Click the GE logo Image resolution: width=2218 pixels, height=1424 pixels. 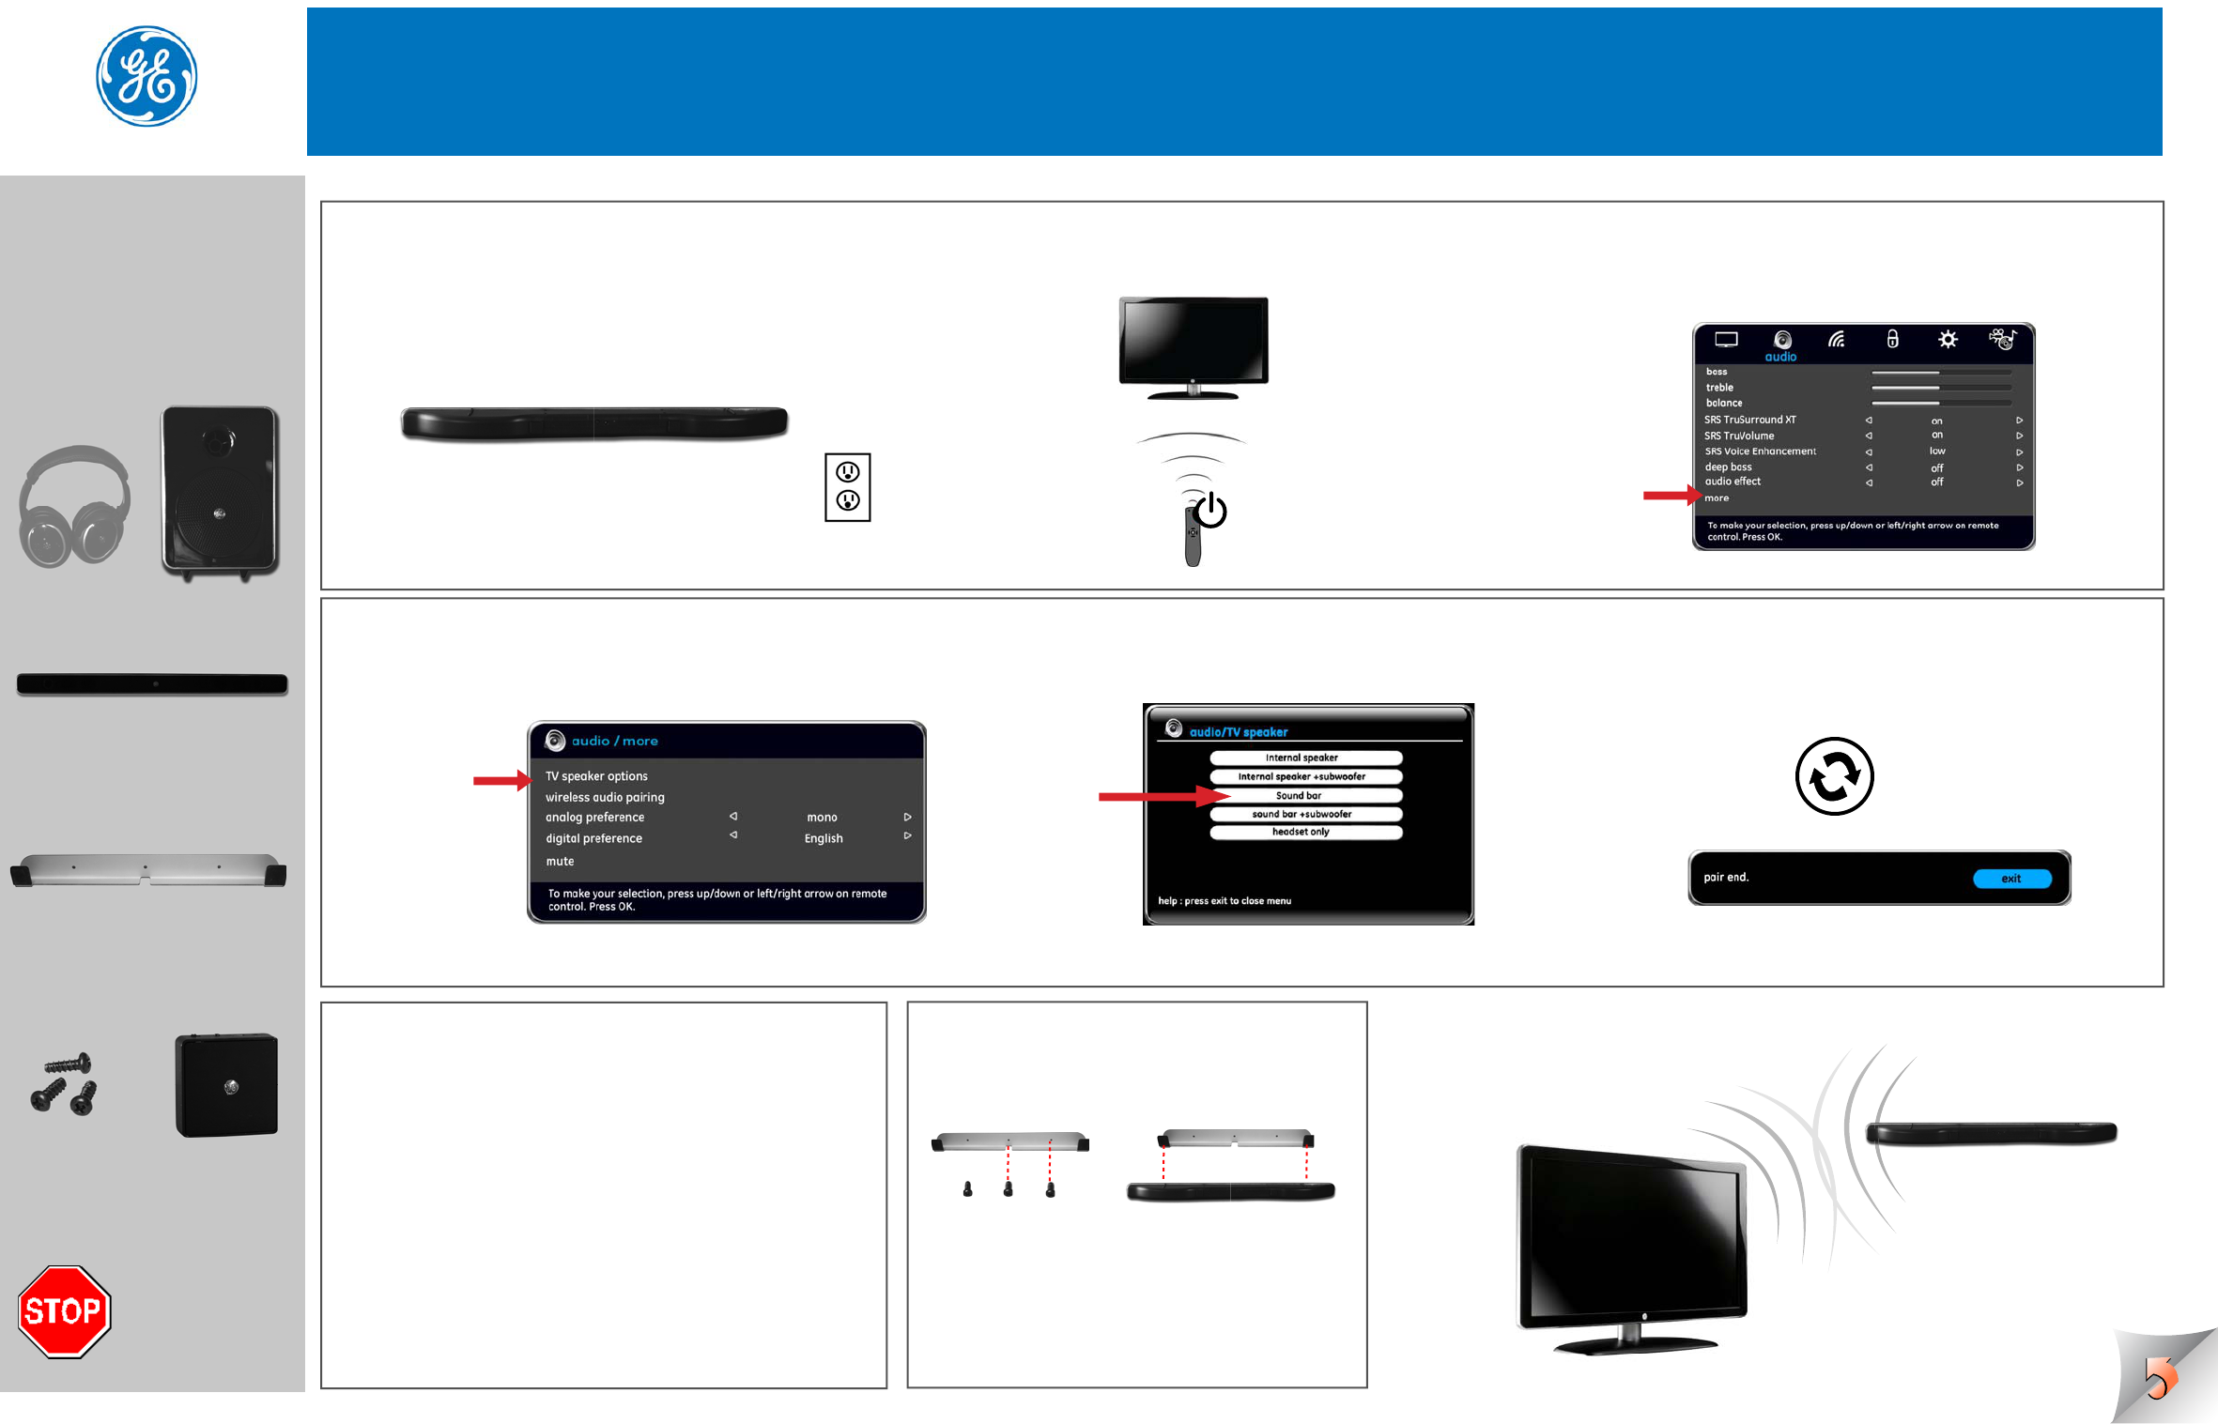coord(146,76)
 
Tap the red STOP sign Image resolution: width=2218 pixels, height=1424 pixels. coord(64,1310)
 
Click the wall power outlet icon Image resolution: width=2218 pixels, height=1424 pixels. coord(847,487)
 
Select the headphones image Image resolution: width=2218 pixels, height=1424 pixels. coord(74,507)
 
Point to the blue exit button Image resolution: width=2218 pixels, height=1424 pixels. coord(2011,879)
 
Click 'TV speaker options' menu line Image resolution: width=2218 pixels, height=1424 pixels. coord(597,776)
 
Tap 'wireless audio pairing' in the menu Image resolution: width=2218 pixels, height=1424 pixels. coord(605,797)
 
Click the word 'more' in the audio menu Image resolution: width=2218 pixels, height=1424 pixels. coord(1717,498)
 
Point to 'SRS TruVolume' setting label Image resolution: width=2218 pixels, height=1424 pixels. coord(1739,436)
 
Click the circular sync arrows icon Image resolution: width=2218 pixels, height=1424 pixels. coord(1834,776)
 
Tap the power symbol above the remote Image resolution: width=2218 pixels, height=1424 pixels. coord(1210,512)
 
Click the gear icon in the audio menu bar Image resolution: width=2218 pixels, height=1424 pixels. coord(1948,340)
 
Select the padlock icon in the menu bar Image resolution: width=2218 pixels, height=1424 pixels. coord(1892,339)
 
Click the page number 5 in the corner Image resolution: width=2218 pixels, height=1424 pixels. coord(2158,1377)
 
